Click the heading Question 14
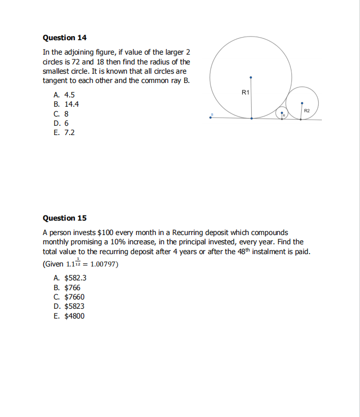click(64, 38)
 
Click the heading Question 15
click(64, 218)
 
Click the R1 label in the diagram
click(245, 92)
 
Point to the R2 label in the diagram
click(307, 111)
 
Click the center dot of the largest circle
click(251, 78)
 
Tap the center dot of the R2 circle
click(302, 103)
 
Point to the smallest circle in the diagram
click(282, 113)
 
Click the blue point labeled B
click(210, 118)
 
